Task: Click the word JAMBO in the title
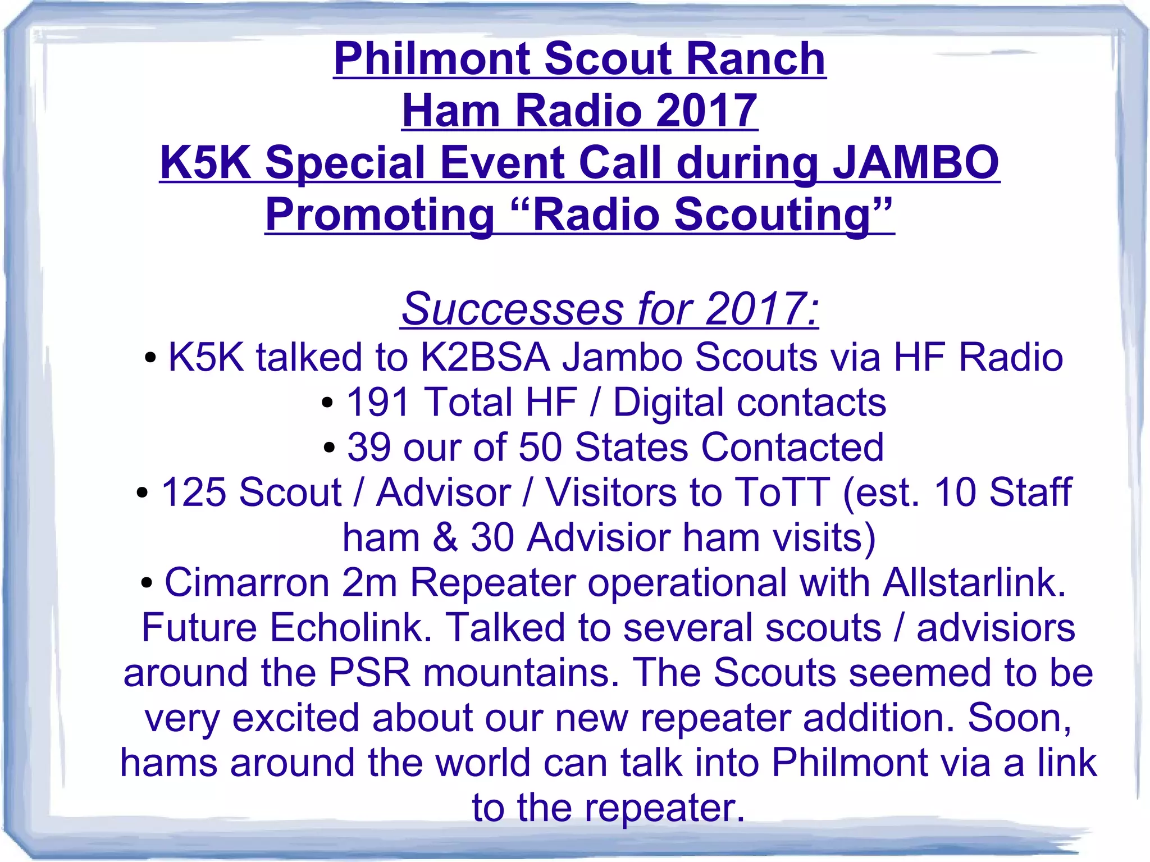pyautogui.click(x=915, y=162)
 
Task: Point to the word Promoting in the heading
pyautogui.click(x=379, y=215)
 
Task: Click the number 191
pyautogui.click(x=377, y=402)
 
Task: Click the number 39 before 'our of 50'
pyautogui.click(x=368, y=447)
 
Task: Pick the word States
pyautogui.click(x=631, y=447)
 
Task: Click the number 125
pyautogui.click(x=195, y=492)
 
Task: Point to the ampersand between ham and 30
pyautogui.click(x=445, y=537)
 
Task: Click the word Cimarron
pyautogui.click(x=247, y=582)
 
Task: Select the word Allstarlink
pyautogui.click(x=974, y=582)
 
